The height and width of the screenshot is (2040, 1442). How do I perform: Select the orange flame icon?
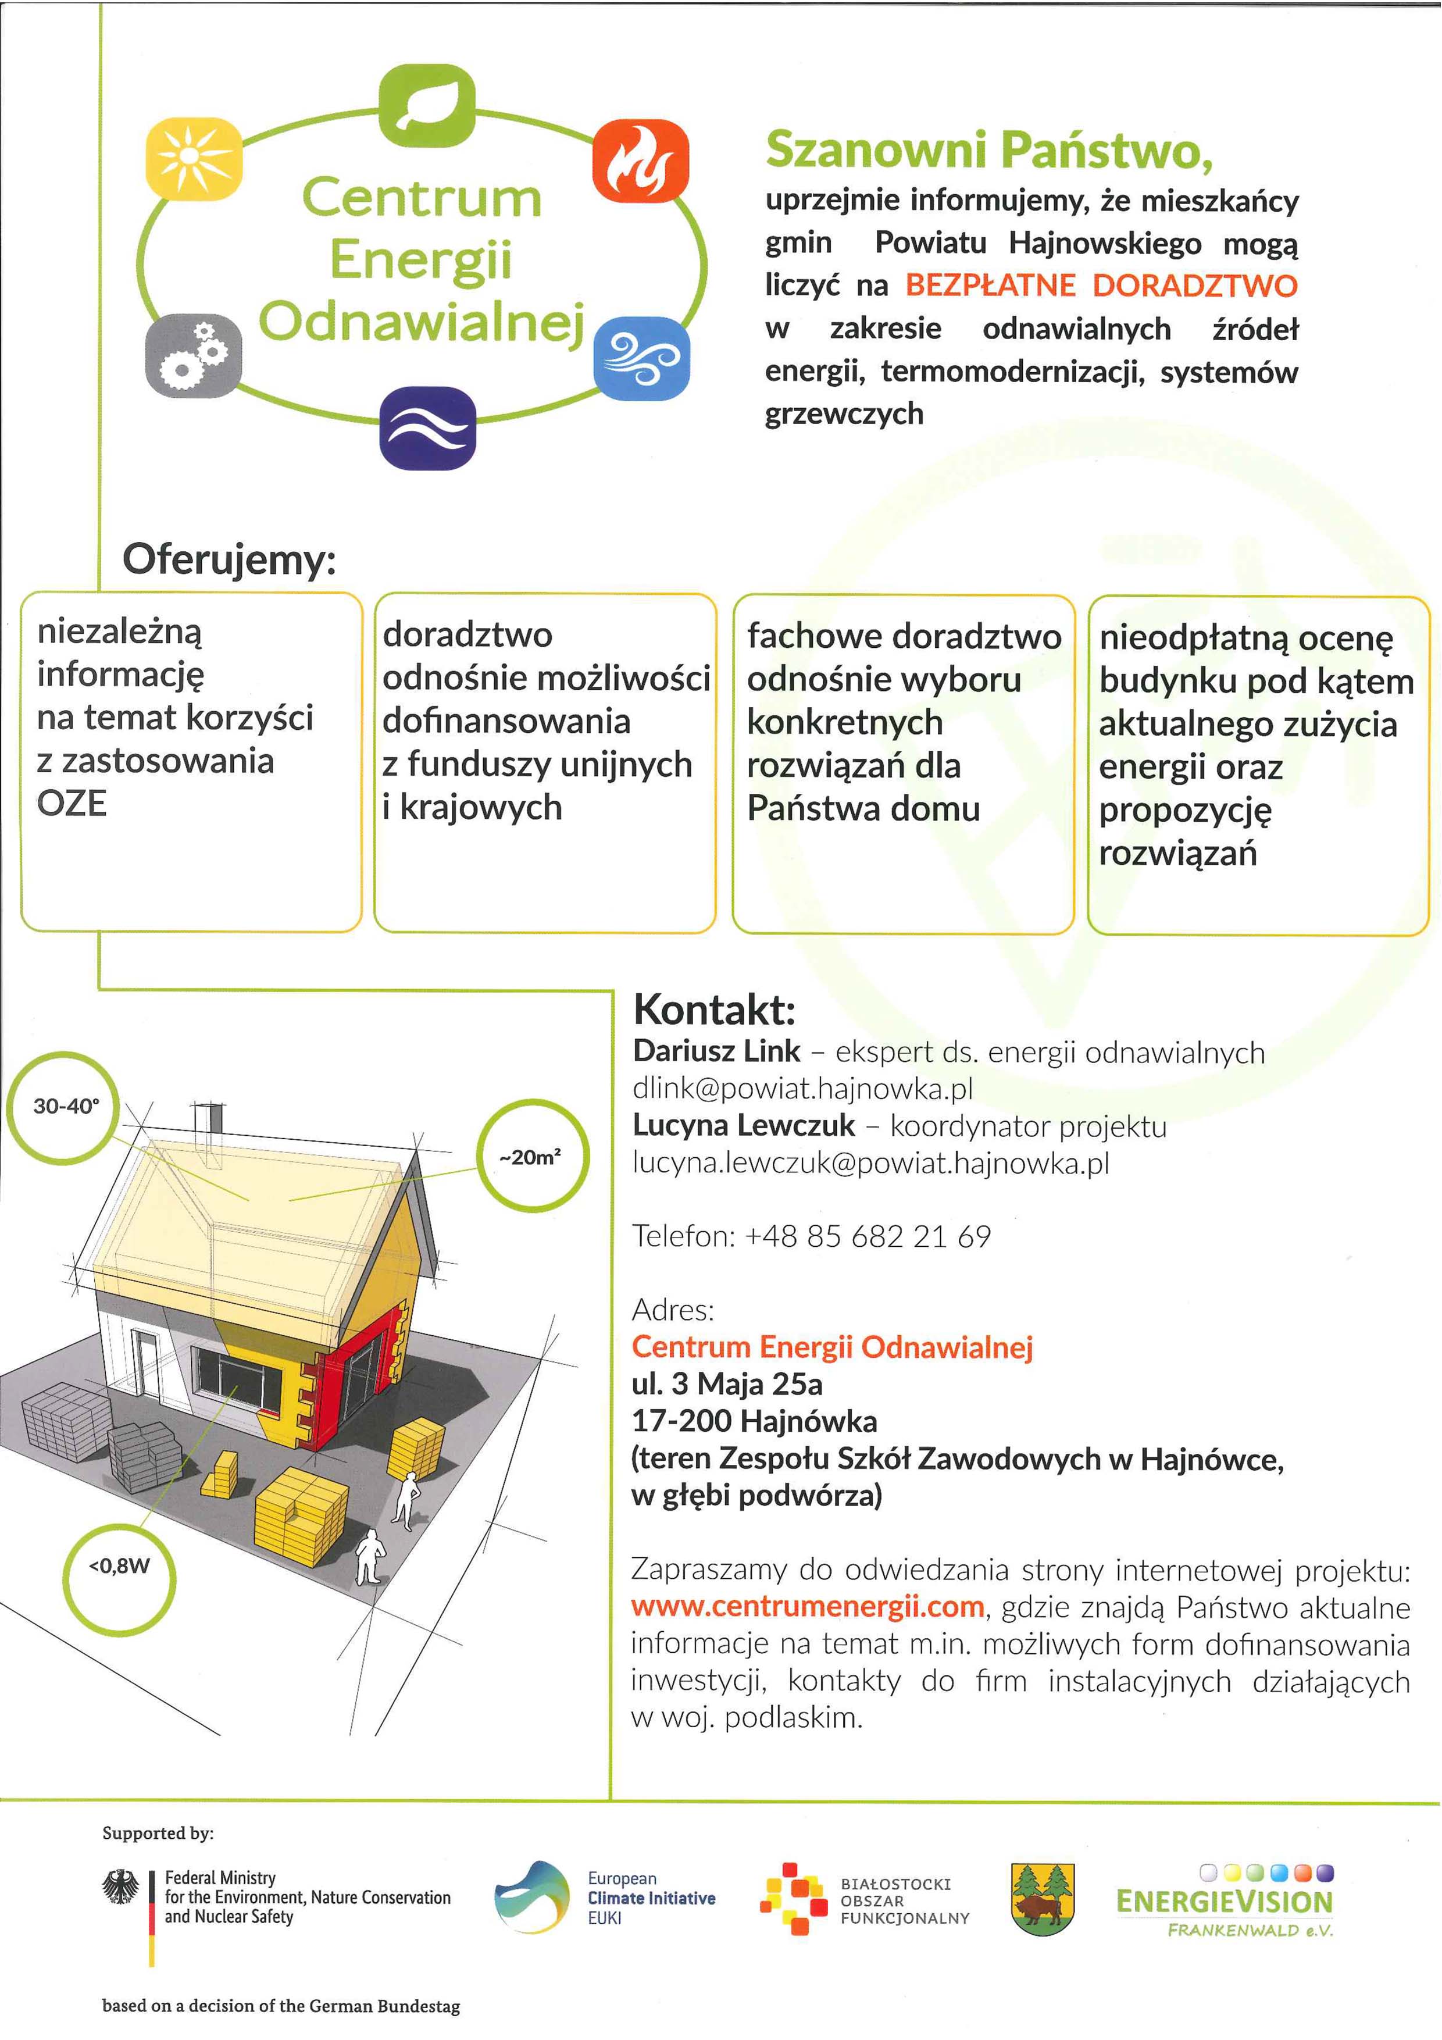[x=640, y=161]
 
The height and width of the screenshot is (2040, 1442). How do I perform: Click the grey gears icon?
[x=193, y=355]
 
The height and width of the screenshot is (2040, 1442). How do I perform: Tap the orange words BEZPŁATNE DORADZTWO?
[x=1101, y=285]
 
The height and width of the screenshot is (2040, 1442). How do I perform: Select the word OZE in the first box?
[x=72, y=803]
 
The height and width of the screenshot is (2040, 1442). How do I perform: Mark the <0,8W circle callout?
[x=120, y=1565]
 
